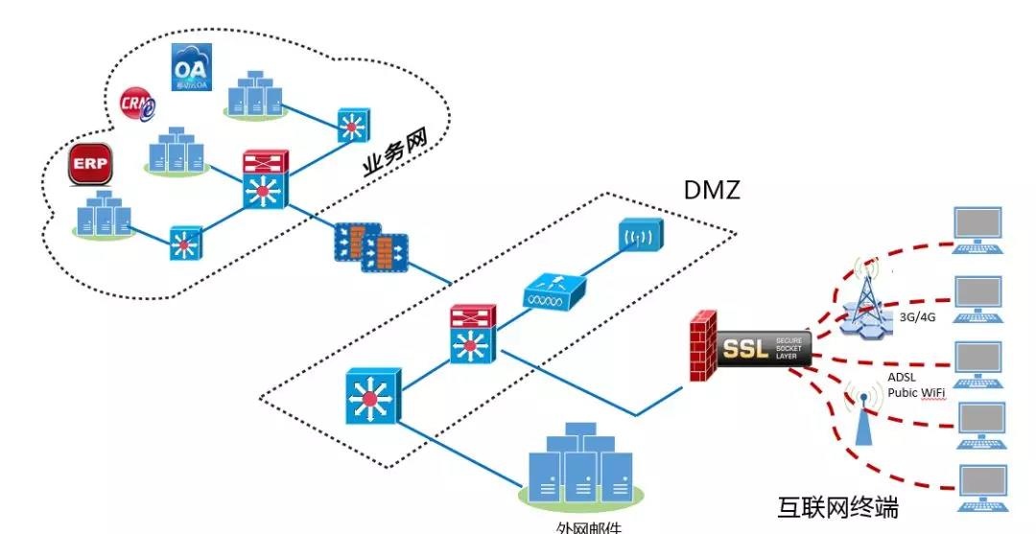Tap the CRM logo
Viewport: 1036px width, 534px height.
click(x=135, y=103)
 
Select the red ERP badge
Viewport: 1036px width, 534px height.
click(x=91, y=165)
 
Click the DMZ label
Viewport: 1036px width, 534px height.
click(x=712, y=190)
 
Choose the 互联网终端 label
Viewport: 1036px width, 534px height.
click(x=837, y=505)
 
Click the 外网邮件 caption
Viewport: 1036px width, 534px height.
click(x=589, y=526)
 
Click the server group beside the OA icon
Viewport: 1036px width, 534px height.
click(x=255, y=92)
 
